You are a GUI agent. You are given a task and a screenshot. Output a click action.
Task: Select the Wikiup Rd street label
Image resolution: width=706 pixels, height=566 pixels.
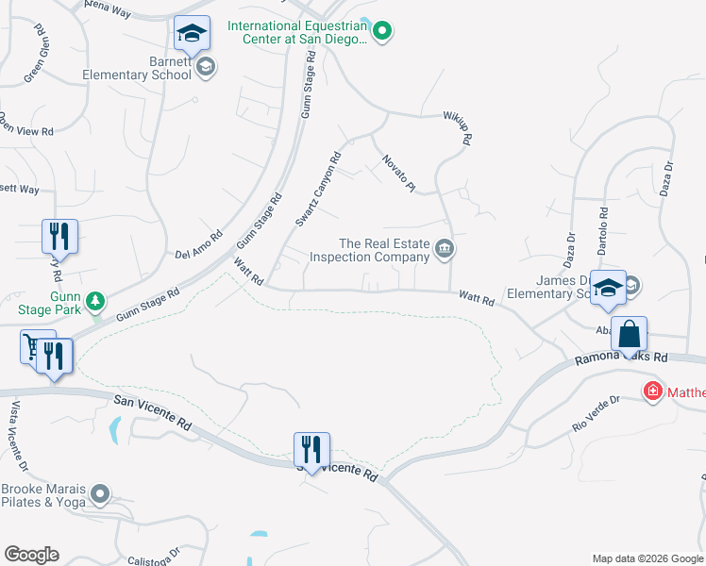click(456, 128)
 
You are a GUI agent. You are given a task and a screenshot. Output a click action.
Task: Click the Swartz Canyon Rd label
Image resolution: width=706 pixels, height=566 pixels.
click(316, 191)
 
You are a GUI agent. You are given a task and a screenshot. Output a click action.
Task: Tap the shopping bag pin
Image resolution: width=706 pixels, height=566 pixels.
click(628, 334)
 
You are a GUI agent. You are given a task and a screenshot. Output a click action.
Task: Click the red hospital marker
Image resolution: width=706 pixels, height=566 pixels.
click(652, 391)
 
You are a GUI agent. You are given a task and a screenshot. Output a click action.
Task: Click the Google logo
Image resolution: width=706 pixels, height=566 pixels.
click(31, 555)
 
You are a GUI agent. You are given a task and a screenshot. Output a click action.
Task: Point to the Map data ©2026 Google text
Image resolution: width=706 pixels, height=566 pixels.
click(647, 558)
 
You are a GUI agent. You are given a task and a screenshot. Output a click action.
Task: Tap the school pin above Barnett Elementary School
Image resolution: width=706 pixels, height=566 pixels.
click(193, 34)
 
